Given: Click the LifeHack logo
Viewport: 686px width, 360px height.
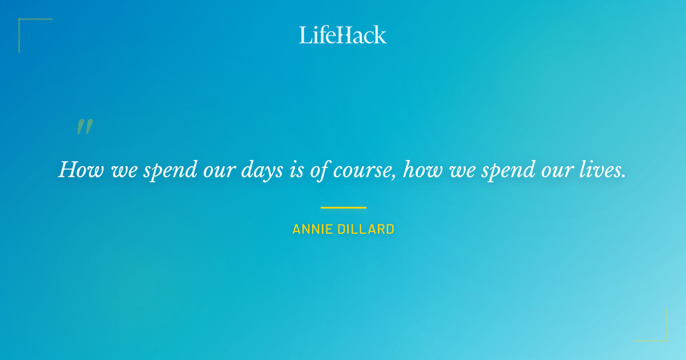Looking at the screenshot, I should tap(343, 35).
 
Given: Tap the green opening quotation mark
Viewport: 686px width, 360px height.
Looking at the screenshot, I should tap(85, 127).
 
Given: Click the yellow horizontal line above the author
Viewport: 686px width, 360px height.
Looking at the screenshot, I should tap(343, 207).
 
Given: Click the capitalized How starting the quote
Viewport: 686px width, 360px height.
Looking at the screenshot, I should tap(78, 170).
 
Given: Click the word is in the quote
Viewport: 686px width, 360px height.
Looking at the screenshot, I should tap(297, 170).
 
